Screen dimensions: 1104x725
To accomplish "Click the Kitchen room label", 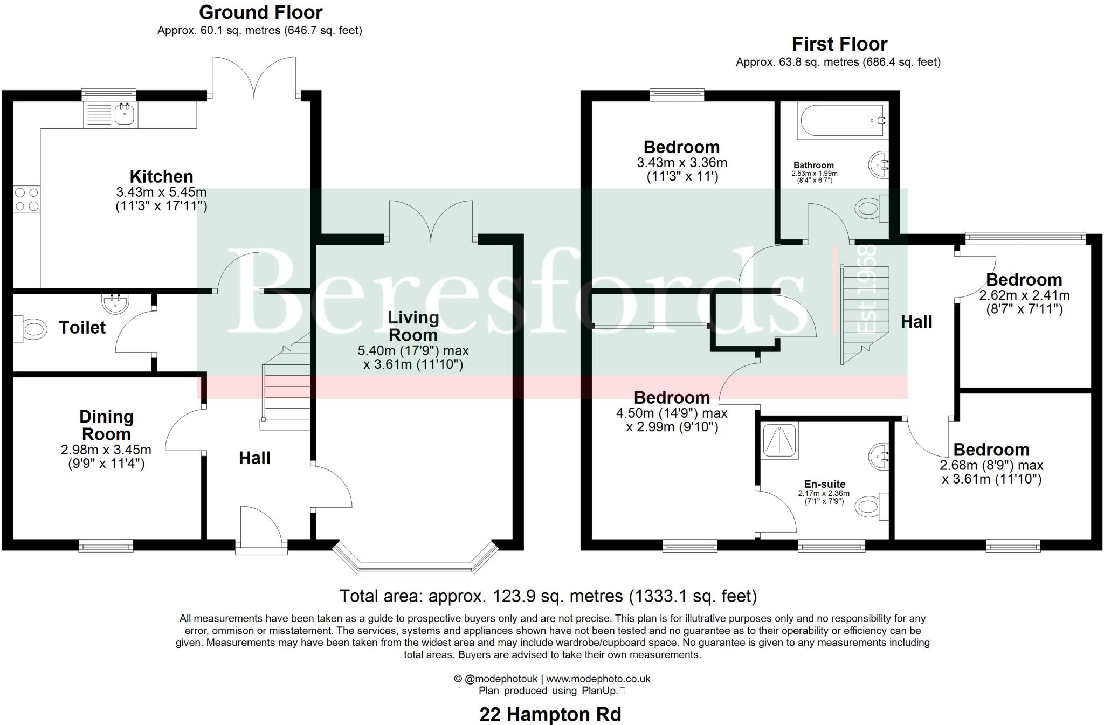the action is tap(161, 176).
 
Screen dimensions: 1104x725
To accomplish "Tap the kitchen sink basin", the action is tap(125, 114).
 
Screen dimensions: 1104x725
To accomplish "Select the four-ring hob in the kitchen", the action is tap(26, 199).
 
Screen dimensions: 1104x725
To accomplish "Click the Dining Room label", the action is tap(106, 425).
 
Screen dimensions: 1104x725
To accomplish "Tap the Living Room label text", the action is tap(413, 326).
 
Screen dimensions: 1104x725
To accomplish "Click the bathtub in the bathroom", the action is tap(843, 120).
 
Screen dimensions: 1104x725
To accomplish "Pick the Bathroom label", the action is tap(813, 165).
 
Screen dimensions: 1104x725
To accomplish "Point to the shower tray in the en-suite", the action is tap(780, 439).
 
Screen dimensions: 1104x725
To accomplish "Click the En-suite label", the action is tap(825, 484).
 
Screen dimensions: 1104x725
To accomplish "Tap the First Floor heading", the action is tap(839, 44).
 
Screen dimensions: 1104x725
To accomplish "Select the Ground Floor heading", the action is tap(261, 12).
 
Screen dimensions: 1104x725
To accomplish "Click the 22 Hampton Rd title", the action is tap(550, 714).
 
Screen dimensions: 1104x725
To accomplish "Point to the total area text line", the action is tap(548, 596).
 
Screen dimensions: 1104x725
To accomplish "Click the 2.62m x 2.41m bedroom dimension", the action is tap(1024, 295).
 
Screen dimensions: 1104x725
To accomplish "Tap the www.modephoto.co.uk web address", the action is tap(598, 679).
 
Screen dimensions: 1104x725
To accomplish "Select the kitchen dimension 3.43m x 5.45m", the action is tap(161, 192).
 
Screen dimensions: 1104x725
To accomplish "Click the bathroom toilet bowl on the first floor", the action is tap(869, 208).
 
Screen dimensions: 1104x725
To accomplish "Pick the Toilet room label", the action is tap(82, 327).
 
